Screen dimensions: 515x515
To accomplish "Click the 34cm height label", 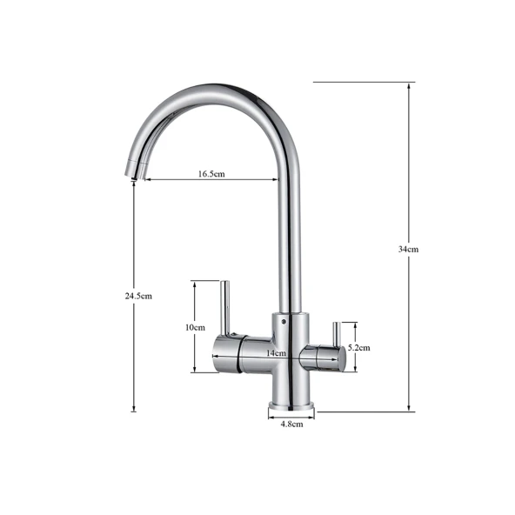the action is click(408, 250).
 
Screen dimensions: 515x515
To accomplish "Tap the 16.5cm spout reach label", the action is click(211, 173).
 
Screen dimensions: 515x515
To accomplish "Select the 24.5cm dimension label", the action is click(138, 296).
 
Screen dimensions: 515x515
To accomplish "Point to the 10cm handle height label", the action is click(195, 327).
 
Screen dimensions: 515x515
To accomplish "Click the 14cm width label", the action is click(276, 353).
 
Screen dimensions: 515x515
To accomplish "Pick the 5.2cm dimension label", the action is click(359, 347).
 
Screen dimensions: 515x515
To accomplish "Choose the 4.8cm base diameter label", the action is click(291, 424).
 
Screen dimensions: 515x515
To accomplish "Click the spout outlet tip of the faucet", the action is click(134, 178).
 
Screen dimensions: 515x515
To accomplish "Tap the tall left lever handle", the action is click(225, 308).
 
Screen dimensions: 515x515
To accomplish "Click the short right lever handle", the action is click(337, 334).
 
